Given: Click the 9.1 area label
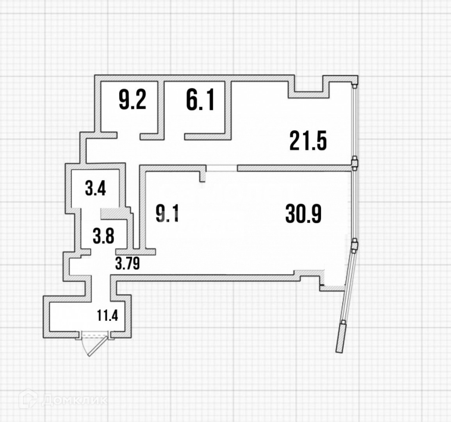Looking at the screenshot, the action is (x=167, y=214).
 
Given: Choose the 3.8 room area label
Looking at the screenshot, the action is (x=103, y=236).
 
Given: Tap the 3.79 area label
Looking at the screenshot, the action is (x=127, y=263).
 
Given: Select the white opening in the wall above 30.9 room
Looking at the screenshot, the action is (x=222, y=168).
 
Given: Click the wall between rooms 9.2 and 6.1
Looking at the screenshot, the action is (x=161, y=107).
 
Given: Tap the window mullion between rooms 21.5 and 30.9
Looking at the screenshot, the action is (x=354, y=163).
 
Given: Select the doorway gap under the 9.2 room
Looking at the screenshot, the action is (x=128, y=136).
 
